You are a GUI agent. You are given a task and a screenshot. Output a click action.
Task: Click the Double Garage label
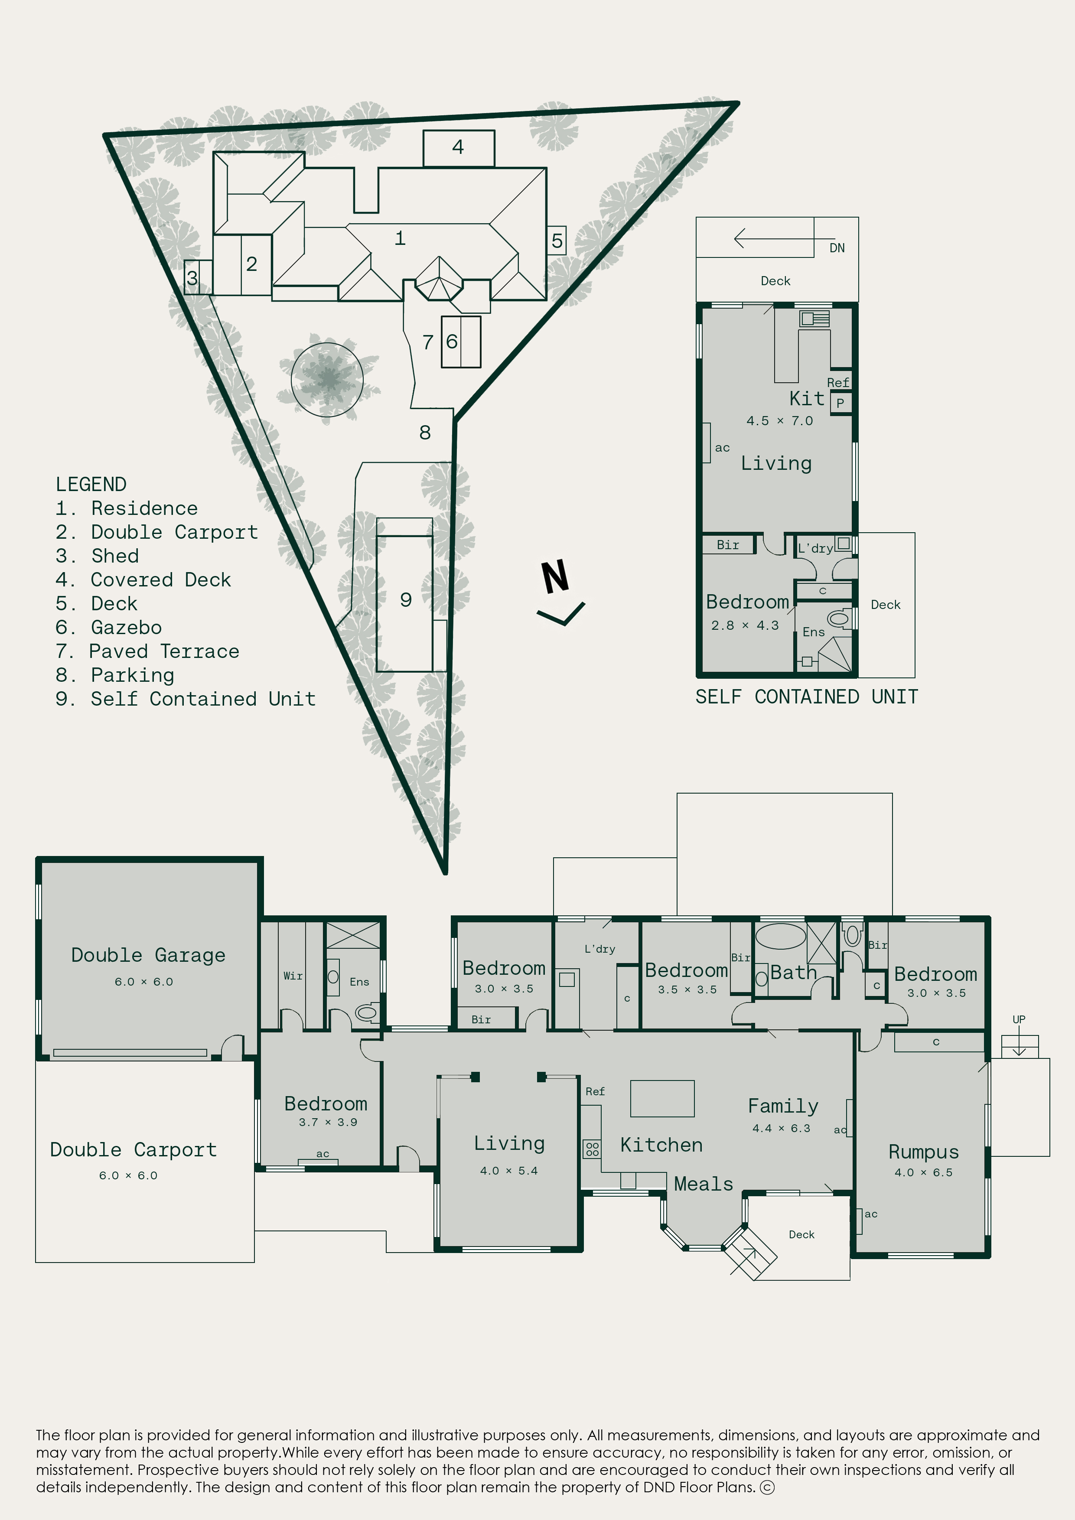pyautogui.click(x=148, y=955)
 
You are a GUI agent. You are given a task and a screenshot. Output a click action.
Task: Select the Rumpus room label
pyautogui.click(x=923, y=1152)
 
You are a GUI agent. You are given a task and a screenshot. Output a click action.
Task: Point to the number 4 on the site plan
pyautogui.click(x=458, y=147)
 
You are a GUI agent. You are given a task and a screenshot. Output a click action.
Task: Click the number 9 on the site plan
pyautogui.click(x=406, y=600)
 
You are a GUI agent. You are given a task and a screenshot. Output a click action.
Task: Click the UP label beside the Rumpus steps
pyautogui.click(x=1019, y=1019)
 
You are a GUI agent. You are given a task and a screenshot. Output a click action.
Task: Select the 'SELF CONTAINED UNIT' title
pyautogui.click(x=806, y=697)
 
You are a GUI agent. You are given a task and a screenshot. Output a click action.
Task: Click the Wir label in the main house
pyautogui.click(x=293, y=976)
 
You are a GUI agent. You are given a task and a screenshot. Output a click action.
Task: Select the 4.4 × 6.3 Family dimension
pyautogui.click(x=781, y=1128)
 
